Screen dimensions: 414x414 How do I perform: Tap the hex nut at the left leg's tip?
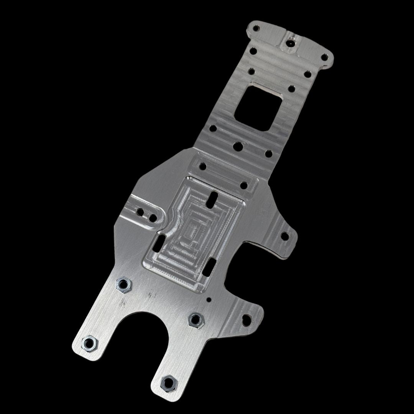90,343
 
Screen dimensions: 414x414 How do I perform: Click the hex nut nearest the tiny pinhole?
196,319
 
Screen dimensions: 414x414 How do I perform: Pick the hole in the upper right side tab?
284,236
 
